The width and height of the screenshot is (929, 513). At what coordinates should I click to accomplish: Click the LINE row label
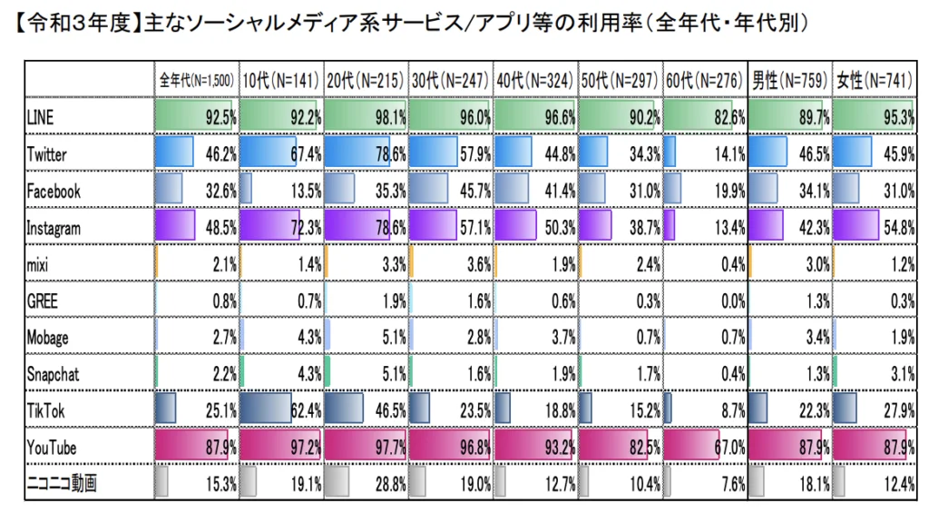(x=40, y=117)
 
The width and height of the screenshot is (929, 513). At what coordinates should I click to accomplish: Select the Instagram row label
(x=54, y=229)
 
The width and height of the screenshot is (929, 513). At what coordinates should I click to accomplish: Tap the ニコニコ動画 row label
(x=62, y=482)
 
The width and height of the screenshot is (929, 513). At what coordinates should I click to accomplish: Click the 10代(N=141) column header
(x=280, y=81)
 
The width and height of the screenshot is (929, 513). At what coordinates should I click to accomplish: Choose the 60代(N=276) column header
(x=705, y=81)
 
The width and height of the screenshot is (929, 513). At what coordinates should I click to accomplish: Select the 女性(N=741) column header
(x=874, y=81)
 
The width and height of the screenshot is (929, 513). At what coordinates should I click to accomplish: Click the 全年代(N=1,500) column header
(x=197, y=81)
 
